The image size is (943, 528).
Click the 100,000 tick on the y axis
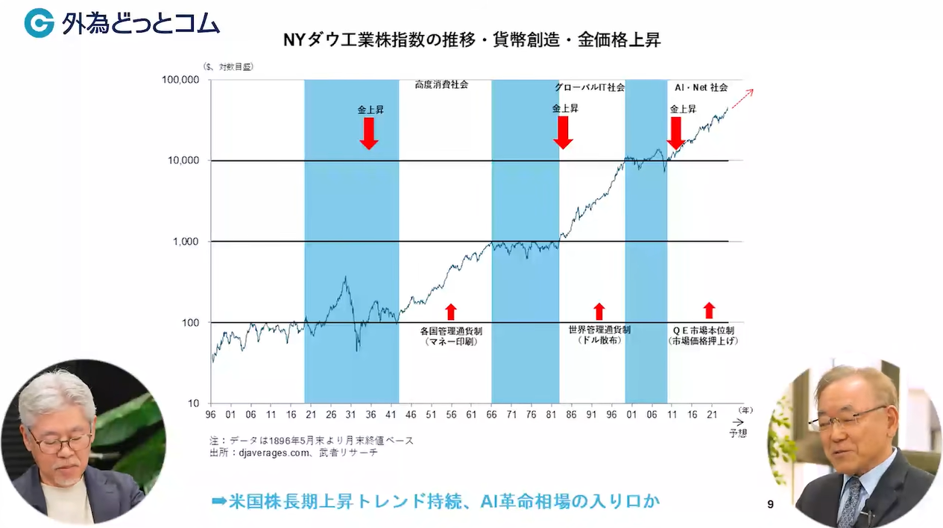click(180, 80)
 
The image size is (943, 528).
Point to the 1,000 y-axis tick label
click(186, 242)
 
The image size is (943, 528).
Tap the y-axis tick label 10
click(193, 403)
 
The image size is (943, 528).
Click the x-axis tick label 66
click(491, 415)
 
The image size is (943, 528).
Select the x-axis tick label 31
click(350, 415)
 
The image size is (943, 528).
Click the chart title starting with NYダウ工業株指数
click(472, 40)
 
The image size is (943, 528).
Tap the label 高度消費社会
click(441, 84)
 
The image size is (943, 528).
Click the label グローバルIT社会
click(590, 87)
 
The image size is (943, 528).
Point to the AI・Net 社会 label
click(701, 87)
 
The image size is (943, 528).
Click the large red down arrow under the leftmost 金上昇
click(369, 133)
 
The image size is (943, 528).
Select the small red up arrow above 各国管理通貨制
click(451, 312)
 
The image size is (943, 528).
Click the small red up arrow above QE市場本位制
click(710, 310)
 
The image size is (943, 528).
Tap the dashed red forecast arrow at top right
click(742, 99)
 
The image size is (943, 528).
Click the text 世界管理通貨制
click(599, 330)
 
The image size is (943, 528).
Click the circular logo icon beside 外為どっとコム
click(40, 22)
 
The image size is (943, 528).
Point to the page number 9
click(770, 504)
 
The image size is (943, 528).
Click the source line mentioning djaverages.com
click(294, 453)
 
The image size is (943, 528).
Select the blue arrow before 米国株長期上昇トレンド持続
click(219, 501)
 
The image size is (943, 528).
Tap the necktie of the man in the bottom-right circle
click(853, 501)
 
